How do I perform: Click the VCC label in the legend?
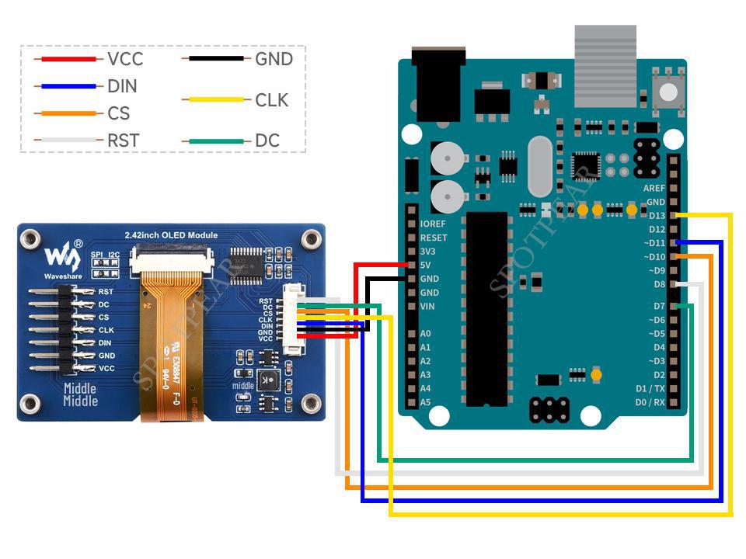(x=125, y=59)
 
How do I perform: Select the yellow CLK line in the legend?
(x=215, y=99)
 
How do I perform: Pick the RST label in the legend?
(x=123, y=141)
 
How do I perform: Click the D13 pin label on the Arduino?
(x=657, y=215)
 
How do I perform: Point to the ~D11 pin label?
(x=654, y=243)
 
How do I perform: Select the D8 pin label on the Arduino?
(x=659, y=284)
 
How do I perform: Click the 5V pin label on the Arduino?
(x=426, y=265)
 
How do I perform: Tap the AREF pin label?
(x=654, y=188)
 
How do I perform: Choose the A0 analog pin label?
(x=425, y=333)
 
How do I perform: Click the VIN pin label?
(x=427, y=306)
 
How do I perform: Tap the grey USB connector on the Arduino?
(x=605, y=65)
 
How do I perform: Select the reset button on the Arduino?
(x=667, y=90)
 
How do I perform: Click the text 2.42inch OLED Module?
(x=171, y=235)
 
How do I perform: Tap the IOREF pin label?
(x=433, y=224)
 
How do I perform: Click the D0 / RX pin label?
(x=650, y=402)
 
